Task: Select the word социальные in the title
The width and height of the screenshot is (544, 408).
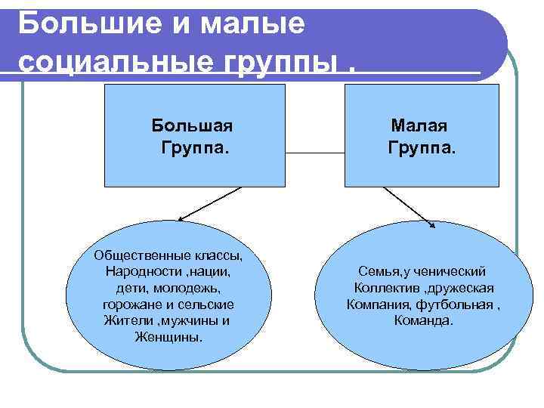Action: pyautogui.click(x=106, y=61)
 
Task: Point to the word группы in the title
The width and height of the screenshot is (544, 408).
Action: pyautogui.click(x=278, y=63)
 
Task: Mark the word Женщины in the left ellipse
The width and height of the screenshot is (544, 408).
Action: pyautogui.click(x=167, y=337)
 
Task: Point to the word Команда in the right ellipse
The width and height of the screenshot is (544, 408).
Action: pyautogui.click(x=423, y=321)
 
